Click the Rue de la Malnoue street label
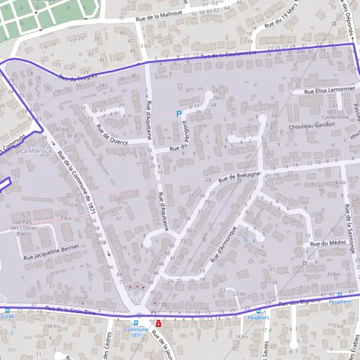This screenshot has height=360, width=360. (160, 18)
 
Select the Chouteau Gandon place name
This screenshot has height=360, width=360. (311, 127)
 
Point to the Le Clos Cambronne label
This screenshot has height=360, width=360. (338, 115)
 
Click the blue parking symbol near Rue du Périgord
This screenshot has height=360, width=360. (178, 113)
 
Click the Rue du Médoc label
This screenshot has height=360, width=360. (325, 244)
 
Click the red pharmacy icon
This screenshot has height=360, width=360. (158, 323)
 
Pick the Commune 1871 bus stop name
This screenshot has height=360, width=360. (136, 332)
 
